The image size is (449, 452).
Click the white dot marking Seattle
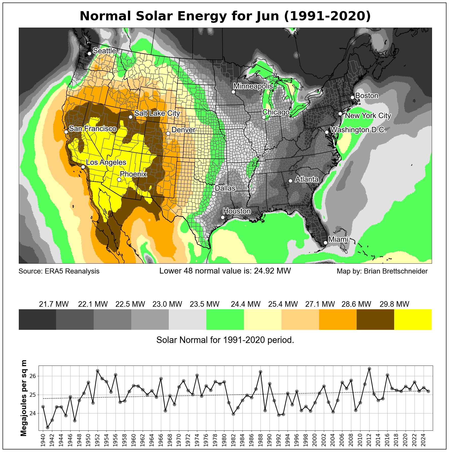pyautogui.click(x=89, y=53)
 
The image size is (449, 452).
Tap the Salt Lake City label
pyautogui.click(x=157, y=113)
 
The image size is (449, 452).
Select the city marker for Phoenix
pyautogui.click(x=119, y=179)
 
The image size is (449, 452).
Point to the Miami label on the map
pyautogui.click(x=338, y=239)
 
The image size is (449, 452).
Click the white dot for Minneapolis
pyautogui.click(x=233, y=92)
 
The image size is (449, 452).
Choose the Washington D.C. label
pyautogui.click(x=358, y=130)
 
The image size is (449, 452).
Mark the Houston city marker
pyautogui.click(x=223, y=217)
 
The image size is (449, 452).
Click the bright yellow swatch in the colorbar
pyautogui.click(x=413, y=319)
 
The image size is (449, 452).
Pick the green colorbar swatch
pyautogui.click(x=225, y=319)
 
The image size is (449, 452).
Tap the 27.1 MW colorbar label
pyautogui.click(x=320, y=304)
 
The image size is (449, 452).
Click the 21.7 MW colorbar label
pyautogui.click(x=54, y=304)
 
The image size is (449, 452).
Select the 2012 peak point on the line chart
pyautogui.click(x=369, y=369)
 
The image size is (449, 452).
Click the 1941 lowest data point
pyautogui.click(x=47, y=427)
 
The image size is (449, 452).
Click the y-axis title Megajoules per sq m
pyautogui.click(x=24, y=398)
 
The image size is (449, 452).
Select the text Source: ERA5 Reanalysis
pyautogui.click(x=59, y=271)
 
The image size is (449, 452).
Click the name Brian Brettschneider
pyautogui.click(x=395, y=271)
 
